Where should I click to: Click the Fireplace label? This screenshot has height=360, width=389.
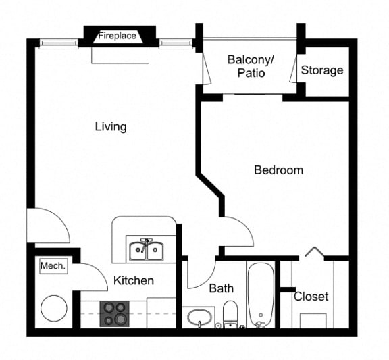(117, 36)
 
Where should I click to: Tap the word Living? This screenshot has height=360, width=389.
(111, 127)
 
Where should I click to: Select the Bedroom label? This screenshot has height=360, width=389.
(279, 170)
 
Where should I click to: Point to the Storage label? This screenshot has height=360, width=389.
(322, 70)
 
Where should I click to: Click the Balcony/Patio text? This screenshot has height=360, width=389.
(251, 66)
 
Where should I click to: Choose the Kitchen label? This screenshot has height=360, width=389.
(134, 280)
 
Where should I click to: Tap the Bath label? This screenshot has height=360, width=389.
(222, 288)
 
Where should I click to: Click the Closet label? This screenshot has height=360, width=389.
(311, 297)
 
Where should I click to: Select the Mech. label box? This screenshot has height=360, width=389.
(53, 266)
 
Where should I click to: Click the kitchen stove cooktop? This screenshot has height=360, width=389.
(115, 313)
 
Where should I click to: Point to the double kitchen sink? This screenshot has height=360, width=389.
(147, 250)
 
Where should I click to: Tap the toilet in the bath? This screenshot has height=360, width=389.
(230, 314)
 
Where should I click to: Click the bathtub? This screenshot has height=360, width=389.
(261, 294)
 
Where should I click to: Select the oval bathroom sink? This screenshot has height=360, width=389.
(199, 317)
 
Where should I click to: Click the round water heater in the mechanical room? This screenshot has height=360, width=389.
(54, 309)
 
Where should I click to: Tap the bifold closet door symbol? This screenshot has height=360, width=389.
(314, 251)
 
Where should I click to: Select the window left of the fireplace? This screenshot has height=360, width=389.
(59, 43)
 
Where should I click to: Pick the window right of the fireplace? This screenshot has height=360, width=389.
(176, 43)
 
